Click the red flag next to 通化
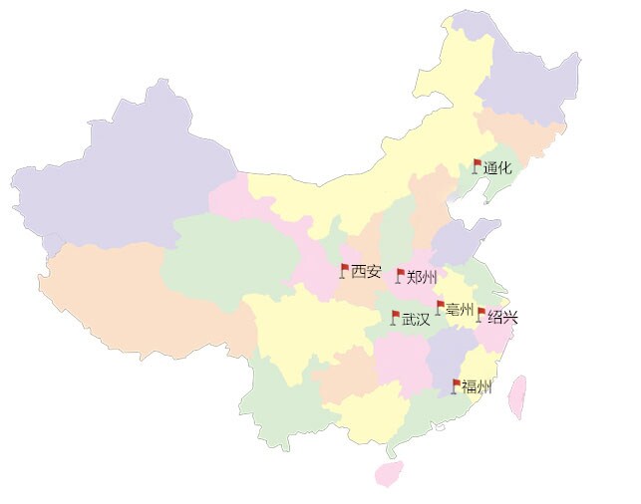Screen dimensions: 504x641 coord(477,165)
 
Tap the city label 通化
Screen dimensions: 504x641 coord(497,168)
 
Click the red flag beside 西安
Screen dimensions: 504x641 coord(344,269)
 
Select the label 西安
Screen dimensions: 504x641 coord(366,271)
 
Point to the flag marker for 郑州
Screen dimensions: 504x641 coord(401,274)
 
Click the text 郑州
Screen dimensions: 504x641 coord(422,277)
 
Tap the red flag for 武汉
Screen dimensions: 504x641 coord(395,317)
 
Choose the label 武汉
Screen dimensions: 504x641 coord(416,320)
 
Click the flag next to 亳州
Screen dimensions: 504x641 coord(440,306)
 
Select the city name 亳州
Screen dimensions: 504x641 coord(460,310)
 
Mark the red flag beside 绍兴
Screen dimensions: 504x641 coord(481,314)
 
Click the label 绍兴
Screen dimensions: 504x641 coord(502,318)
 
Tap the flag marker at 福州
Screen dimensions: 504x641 coord(457,384)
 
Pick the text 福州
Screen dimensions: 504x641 coord(477,387)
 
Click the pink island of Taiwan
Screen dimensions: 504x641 coord(516,396)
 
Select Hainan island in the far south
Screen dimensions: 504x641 coord(388,472)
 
